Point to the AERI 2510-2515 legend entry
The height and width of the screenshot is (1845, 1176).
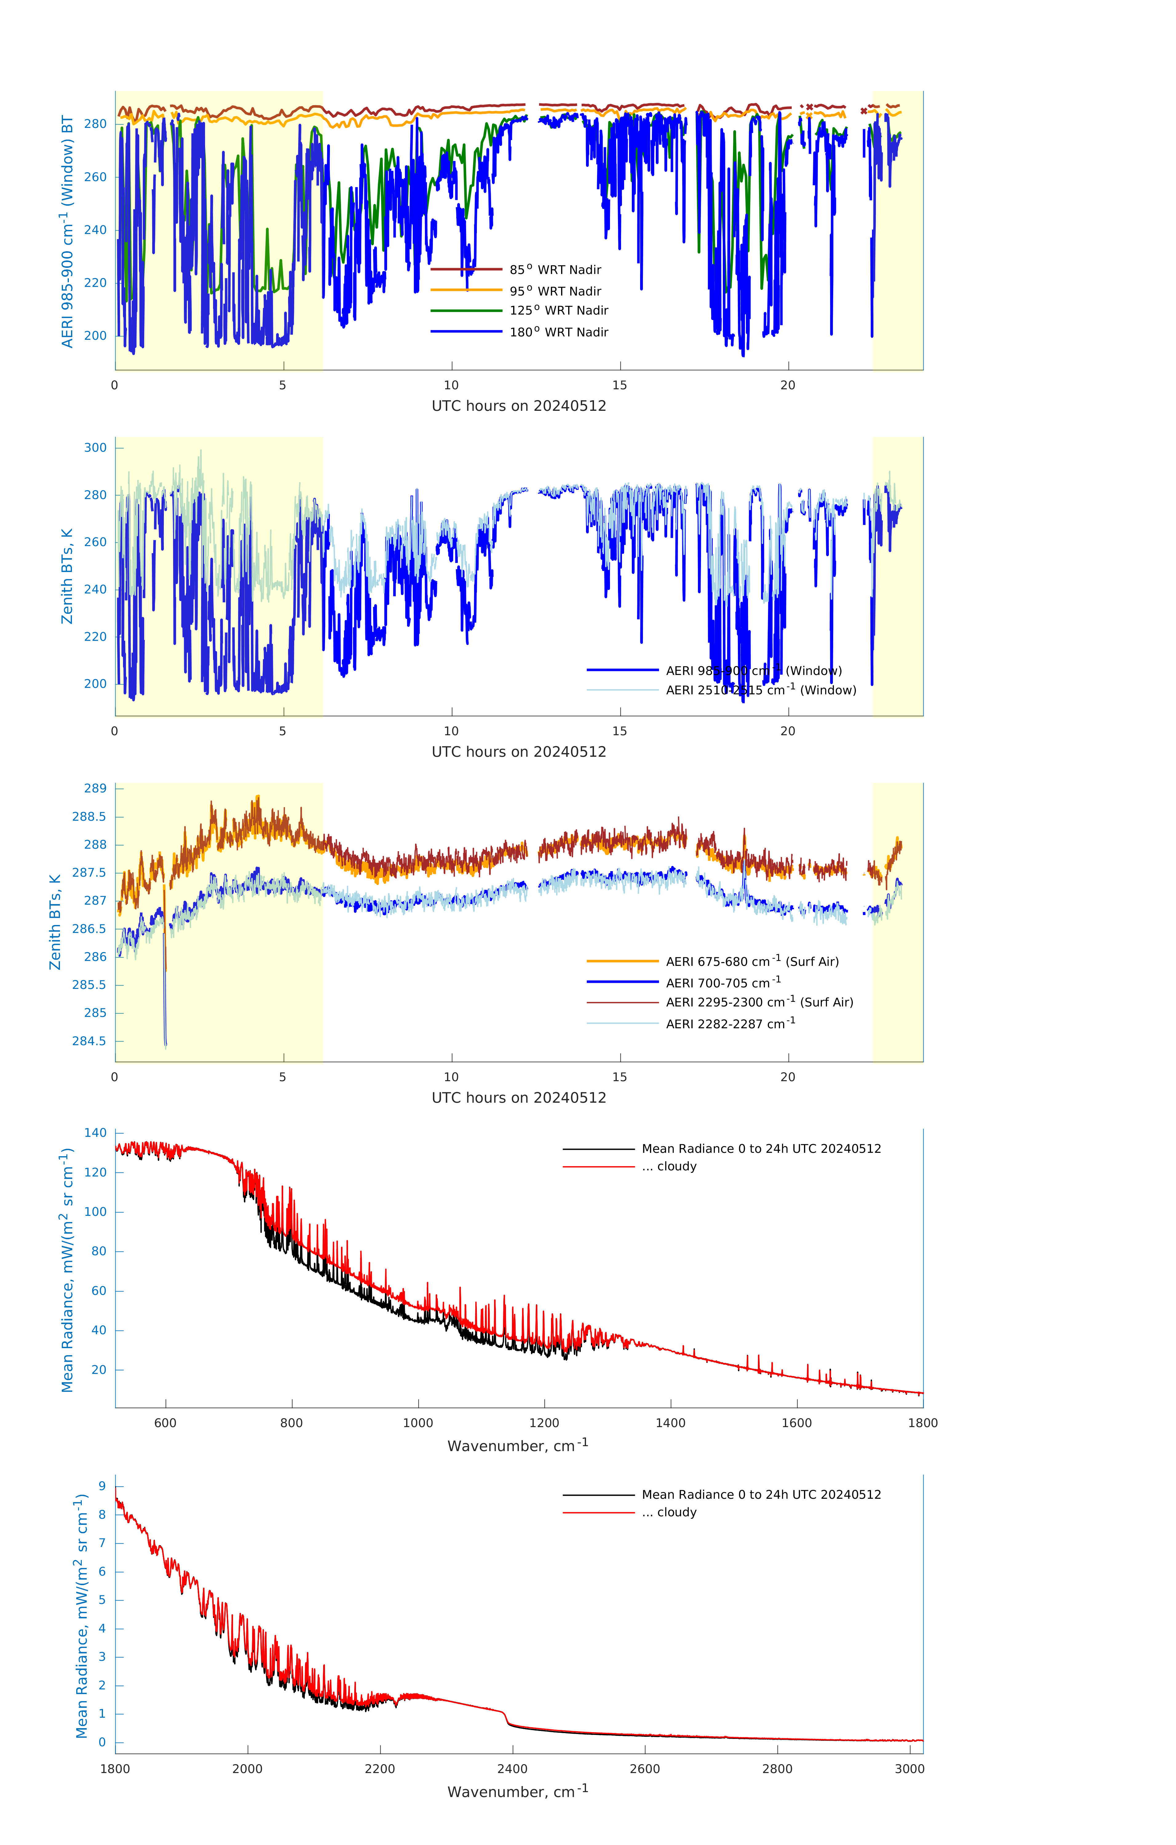[760, 690]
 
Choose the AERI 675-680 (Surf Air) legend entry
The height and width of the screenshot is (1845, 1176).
[752, 962]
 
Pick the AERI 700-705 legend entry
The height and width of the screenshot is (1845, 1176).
[723, 983]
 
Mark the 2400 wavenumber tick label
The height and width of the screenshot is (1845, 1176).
[512, 1769]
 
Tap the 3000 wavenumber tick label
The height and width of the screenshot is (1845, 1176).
[909, 1769]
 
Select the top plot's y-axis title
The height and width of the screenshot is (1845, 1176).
[67, 231]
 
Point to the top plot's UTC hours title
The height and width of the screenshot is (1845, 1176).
[519, 406]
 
